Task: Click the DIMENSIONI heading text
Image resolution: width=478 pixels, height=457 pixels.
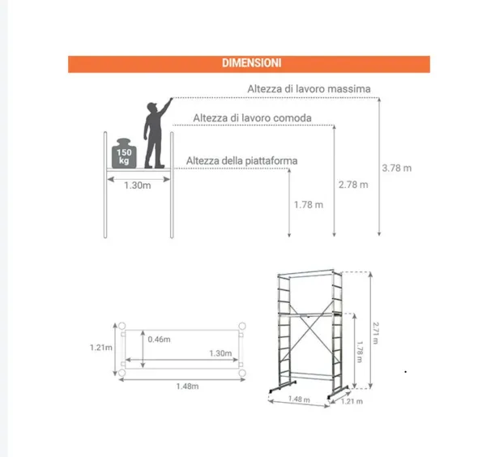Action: coord(251,63)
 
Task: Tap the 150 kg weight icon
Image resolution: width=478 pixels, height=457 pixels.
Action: coord(124,153)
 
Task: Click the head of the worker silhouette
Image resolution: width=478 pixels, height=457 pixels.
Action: coord(152,107)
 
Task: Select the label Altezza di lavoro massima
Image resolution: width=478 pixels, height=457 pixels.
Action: coord(309,89)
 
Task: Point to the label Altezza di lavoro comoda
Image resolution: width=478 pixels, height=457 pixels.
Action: coord(252,118)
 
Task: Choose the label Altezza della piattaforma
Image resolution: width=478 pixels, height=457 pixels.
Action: coord(241,160)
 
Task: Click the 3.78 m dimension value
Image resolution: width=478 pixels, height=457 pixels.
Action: coord(397,168)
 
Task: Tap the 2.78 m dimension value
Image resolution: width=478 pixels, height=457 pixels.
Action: coord(353,185)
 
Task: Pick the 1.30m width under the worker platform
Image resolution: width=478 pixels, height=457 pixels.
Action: coord(138,186)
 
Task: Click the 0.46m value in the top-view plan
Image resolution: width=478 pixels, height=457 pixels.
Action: coord(159,340)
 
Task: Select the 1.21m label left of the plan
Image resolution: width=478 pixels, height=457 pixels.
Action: coord(101,348)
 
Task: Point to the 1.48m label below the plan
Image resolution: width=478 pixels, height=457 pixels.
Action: coord(187,387)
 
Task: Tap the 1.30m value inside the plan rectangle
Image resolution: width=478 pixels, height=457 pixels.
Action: coord(220,353)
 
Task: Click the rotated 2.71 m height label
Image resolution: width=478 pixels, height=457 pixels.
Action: coord(376,333)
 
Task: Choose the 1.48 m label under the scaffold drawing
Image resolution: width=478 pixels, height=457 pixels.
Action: coord(299,399)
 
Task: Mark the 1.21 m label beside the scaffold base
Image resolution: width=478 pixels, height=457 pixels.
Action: coord(352,401)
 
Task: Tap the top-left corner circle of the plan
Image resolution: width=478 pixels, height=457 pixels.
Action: coord(122,326)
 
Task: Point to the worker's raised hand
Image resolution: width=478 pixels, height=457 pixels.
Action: coord(171,99)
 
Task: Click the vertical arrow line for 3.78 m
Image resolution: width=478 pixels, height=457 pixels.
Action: coord(379,167)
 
